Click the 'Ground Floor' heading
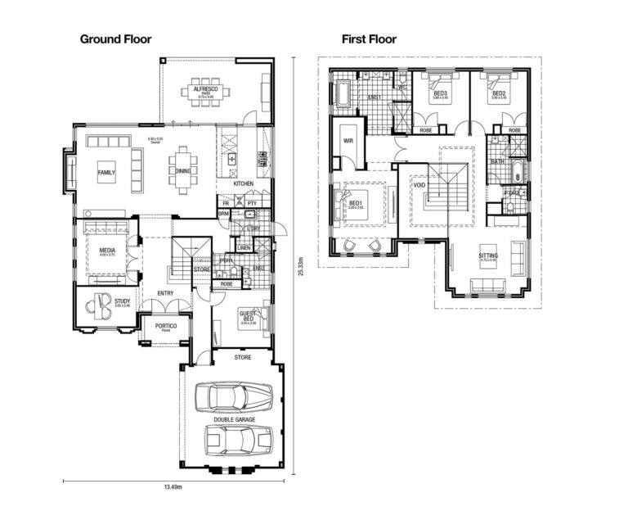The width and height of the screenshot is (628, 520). (114, 38)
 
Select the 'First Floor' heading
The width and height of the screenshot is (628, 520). (369, 38)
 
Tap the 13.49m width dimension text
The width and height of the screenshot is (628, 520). (172, 488)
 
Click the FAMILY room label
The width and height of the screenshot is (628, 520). (106, 174)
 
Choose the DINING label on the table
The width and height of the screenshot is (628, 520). (183, 171)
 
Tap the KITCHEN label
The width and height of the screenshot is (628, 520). (243, 183)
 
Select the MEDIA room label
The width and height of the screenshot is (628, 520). (107, 251)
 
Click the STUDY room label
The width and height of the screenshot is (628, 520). (123, 301)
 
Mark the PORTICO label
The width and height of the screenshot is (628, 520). (167, 327)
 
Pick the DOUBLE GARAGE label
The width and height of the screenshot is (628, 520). (235, 419)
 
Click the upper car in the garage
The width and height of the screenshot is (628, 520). (234, 396)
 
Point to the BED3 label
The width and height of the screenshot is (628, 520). (440, 93)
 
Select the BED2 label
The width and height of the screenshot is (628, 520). (497, 93)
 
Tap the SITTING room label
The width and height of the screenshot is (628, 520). (488, 256)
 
